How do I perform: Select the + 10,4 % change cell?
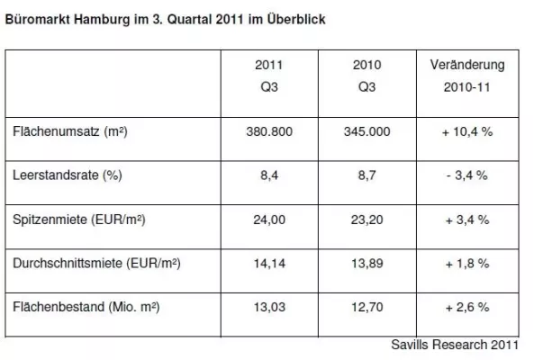(468, 131)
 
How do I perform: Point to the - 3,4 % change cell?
(468, 175)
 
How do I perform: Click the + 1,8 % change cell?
(468, 264)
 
